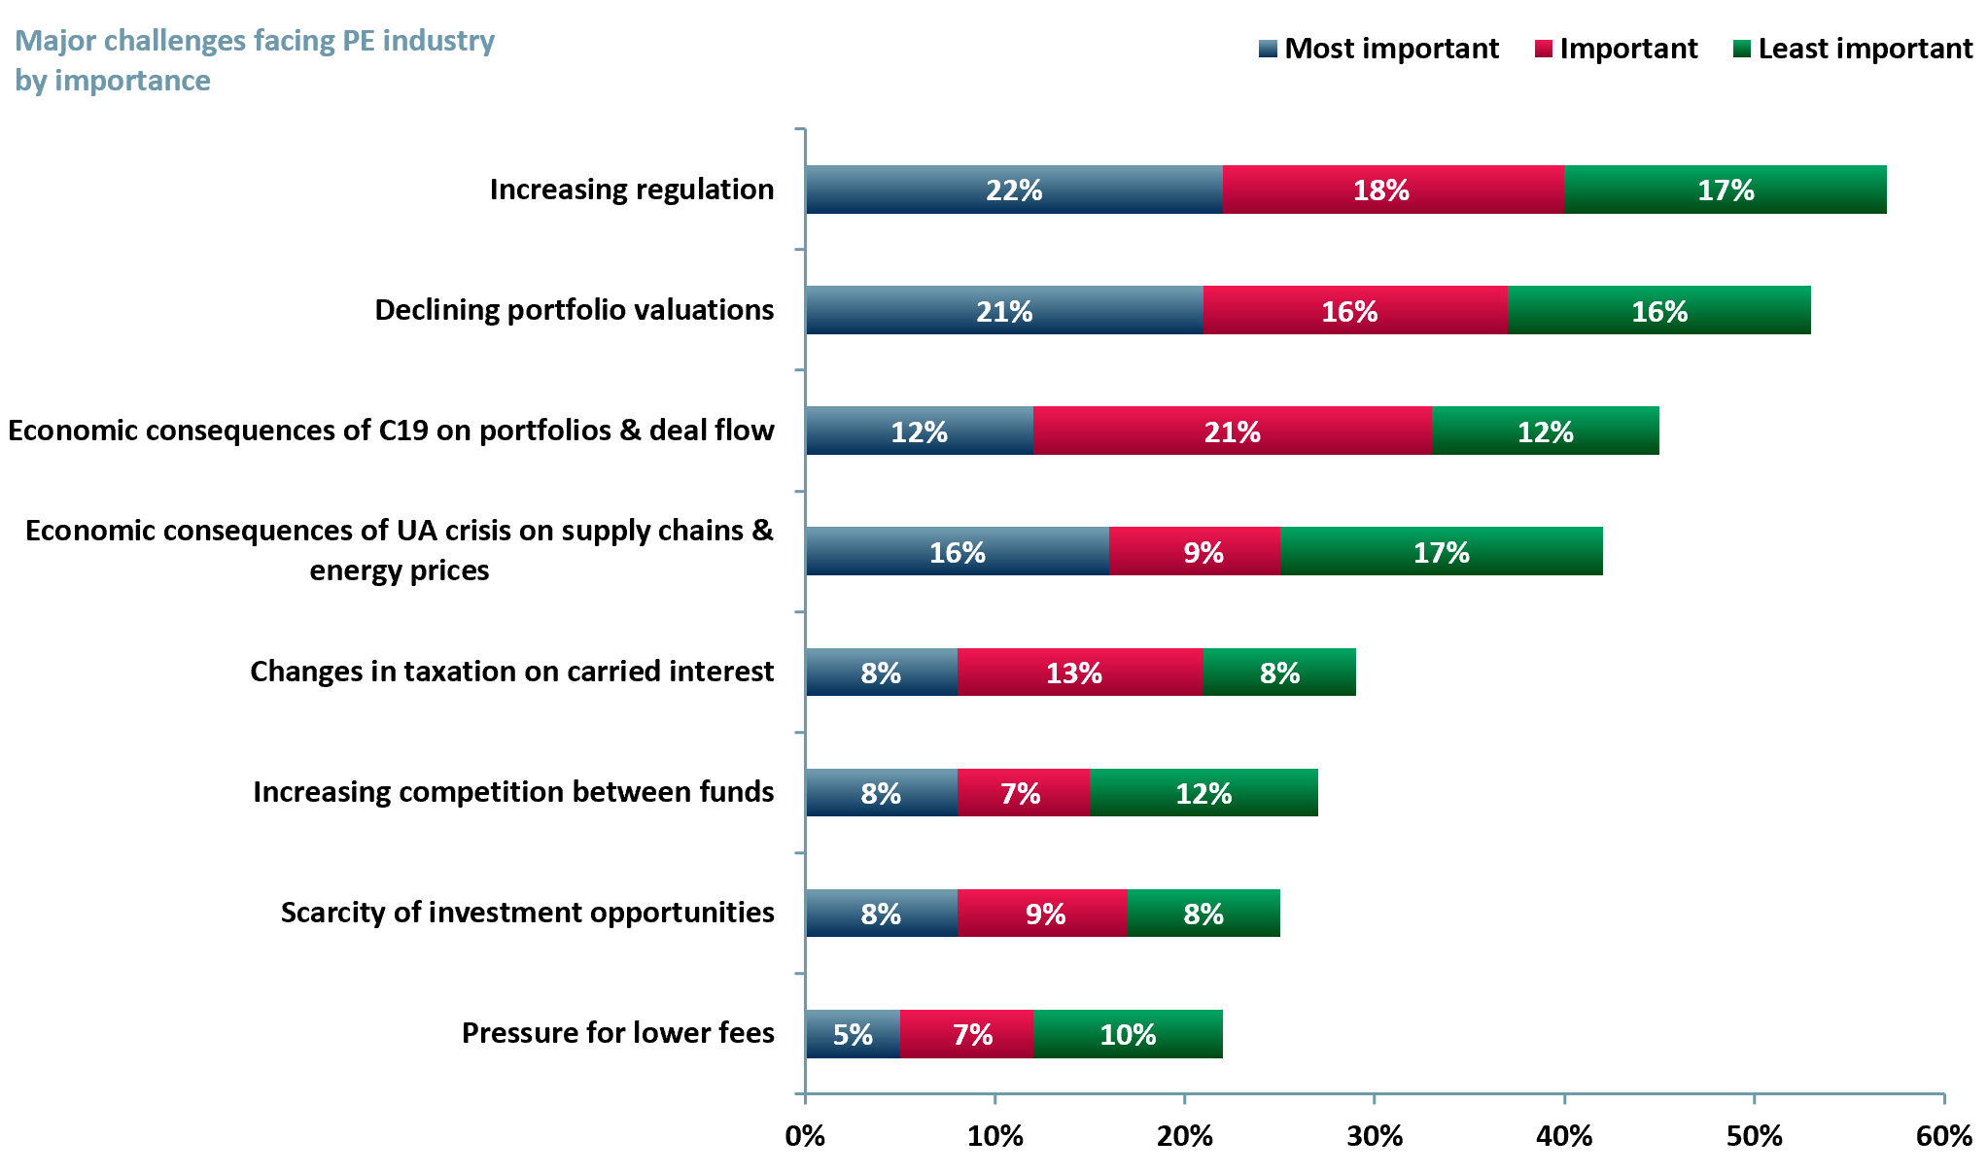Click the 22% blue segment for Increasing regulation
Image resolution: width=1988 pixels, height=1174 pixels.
1013,190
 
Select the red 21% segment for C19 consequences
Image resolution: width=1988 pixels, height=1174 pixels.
1232,431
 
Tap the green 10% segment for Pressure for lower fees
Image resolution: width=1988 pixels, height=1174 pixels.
1128,1034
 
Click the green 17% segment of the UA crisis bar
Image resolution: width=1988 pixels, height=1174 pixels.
1441,552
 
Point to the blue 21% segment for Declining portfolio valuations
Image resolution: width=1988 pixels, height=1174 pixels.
1003,311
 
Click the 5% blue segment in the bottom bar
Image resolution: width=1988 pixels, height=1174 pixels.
852,1034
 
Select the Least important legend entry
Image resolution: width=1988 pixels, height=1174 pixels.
1853,49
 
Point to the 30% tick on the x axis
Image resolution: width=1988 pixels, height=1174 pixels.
1375,1135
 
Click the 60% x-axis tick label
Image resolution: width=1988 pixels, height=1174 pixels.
1943,1135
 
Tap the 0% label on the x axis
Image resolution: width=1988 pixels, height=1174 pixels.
805,1135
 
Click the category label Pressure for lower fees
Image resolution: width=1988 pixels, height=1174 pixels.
617,1033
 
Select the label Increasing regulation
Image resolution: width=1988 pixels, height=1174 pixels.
631,190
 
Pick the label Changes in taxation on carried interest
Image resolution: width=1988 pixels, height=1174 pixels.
511,672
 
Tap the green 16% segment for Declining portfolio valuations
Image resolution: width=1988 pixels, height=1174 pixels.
1658,311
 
